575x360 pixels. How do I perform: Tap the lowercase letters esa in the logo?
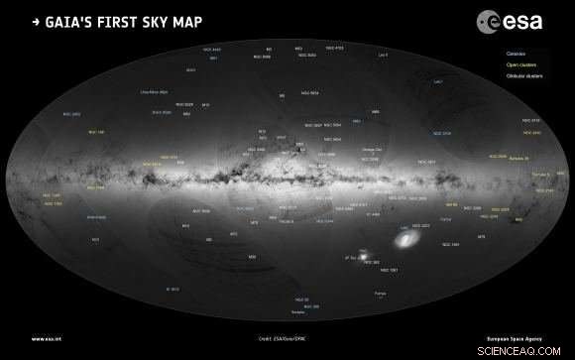[x=522, y=18]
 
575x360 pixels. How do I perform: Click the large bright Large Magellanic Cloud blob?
[x=405, y=239]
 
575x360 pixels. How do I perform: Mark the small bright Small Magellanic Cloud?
[x=362, y=257]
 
